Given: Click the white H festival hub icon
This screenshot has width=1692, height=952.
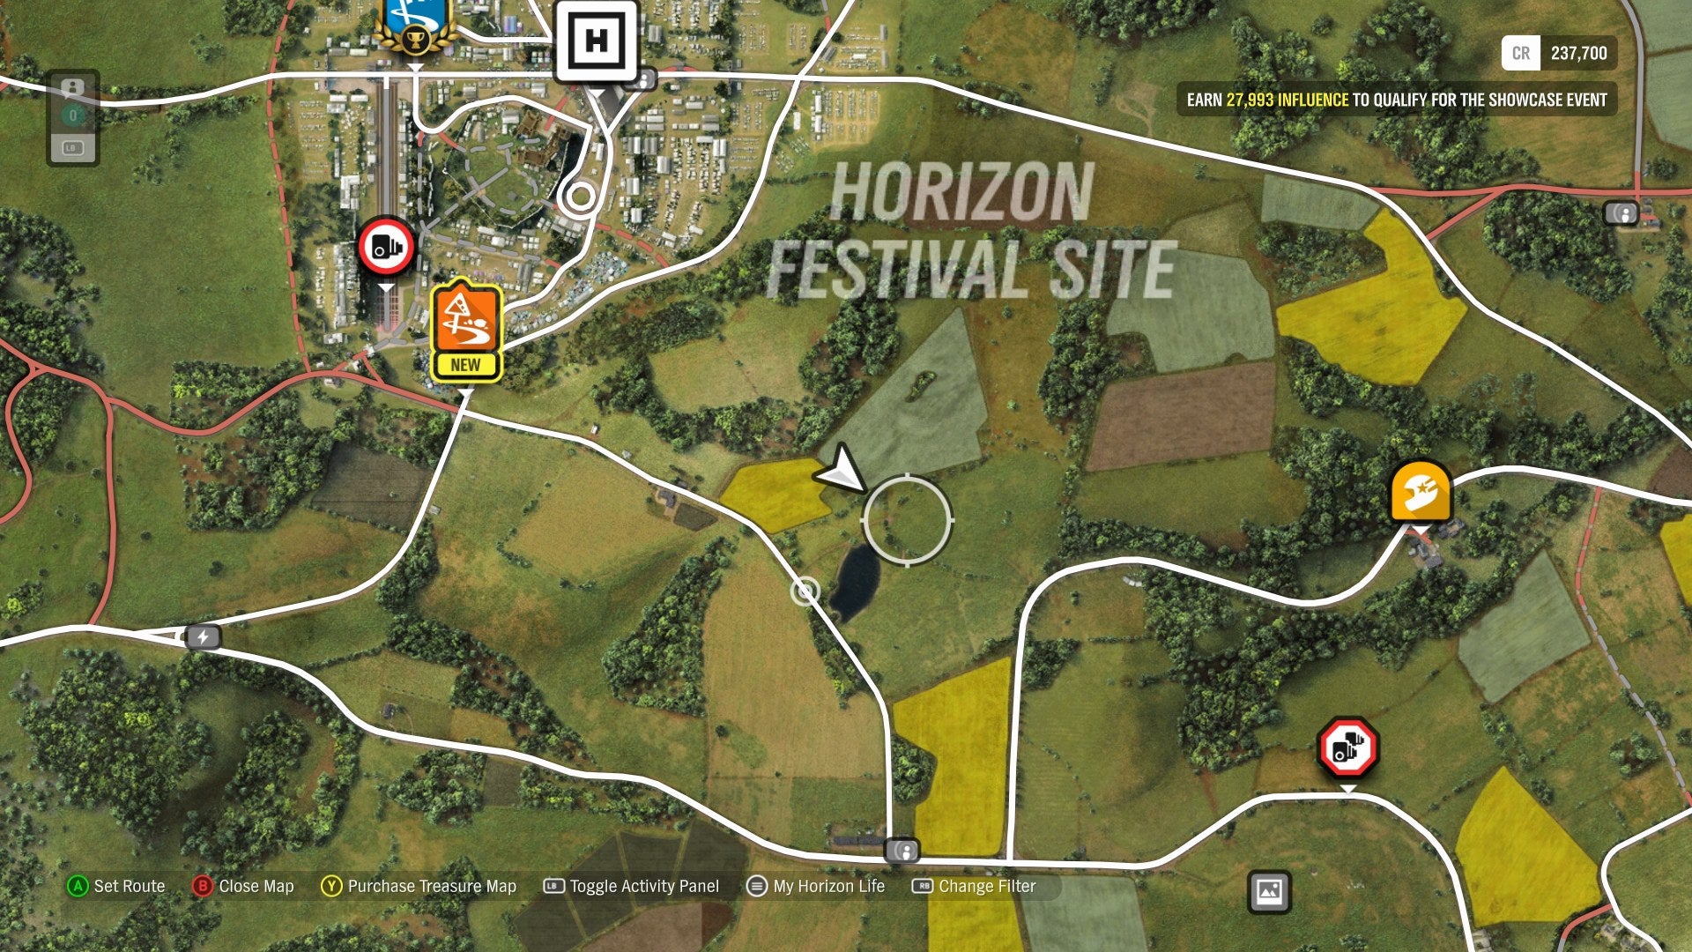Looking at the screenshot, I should (x=596, y=41).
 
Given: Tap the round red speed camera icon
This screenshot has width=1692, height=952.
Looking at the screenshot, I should (x=386, y=247).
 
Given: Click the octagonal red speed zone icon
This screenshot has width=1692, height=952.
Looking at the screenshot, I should (x=1347, y=748).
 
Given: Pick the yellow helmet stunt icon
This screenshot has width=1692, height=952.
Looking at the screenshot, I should (x=1421, y=492).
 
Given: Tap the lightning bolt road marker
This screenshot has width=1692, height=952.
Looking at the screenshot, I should (x=203, y=636).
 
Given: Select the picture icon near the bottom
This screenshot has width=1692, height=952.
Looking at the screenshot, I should (x=1269, y=891).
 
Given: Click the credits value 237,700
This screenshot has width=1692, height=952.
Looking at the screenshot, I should (x=1578, y=53).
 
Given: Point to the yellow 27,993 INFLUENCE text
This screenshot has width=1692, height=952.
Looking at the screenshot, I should (x=1287, y=100).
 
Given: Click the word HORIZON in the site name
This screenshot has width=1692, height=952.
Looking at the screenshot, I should (x=961, y=192).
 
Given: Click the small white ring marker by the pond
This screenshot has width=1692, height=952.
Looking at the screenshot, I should (x=805, y=591).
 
